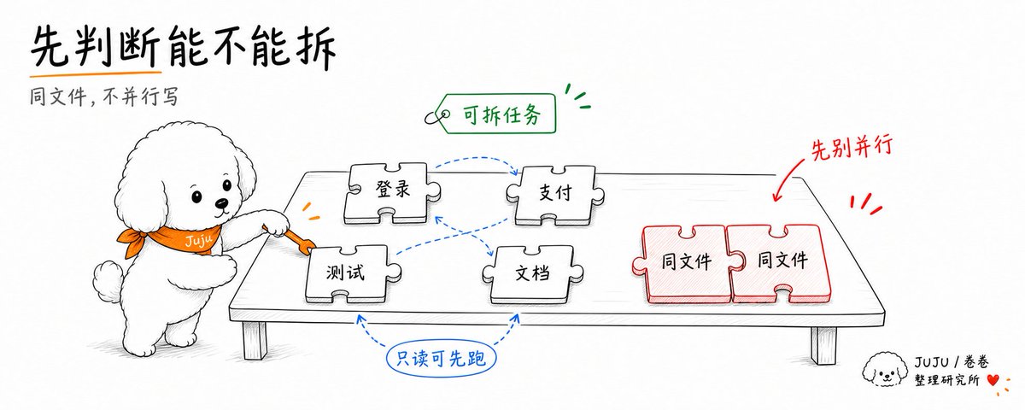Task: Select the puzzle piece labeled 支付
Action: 554,195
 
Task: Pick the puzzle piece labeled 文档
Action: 532,274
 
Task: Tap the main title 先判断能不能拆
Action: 183,47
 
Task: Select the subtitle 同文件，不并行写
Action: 104,97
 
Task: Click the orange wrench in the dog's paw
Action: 293,239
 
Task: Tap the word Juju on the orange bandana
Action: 198,240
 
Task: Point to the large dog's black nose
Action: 222,203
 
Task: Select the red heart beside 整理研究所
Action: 992,380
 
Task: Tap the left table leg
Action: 255,341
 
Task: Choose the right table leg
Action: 824,345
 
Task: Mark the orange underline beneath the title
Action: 96,73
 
